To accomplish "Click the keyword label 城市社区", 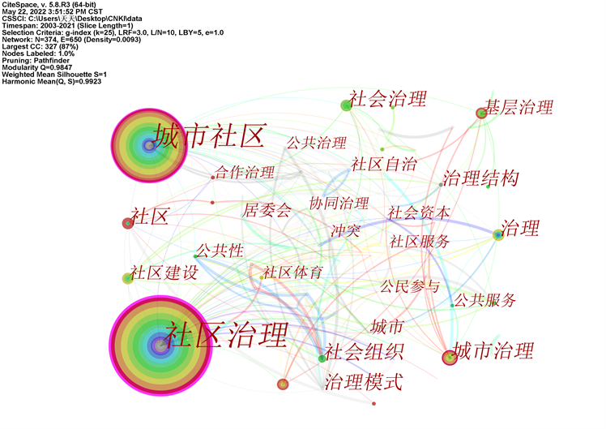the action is click(x=209, y=137).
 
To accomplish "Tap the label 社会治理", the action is click(x=387, y=100).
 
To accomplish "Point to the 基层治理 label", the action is click(x=519, y=107).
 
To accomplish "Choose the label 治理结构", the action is click(x=480, y=178).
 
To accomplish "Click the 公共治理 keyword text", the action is click(x=316, y=144).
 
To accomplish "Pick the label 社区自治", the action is click(x=383, y=165).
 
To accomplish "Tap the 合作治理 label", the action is click(x=245, y=172).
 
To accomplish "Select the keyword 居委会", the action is click(x=267, y=211).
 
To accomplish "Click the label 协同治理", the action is click(x=339, y=203).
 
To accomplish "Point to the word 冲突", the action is click(x=345, y=230).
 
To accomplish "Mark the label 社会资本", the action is click(x=418, y=212).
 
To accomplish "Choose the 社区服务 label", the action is click(x=420, y=241).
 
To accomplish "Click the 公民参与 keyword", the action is click(x=410, y=285).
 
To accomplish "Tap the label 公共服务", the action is click(x=484, y=300).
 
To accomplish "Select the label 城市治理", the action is click(x=493, y=351).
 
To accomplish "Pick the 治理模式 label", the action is click(x=363, y=382).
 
